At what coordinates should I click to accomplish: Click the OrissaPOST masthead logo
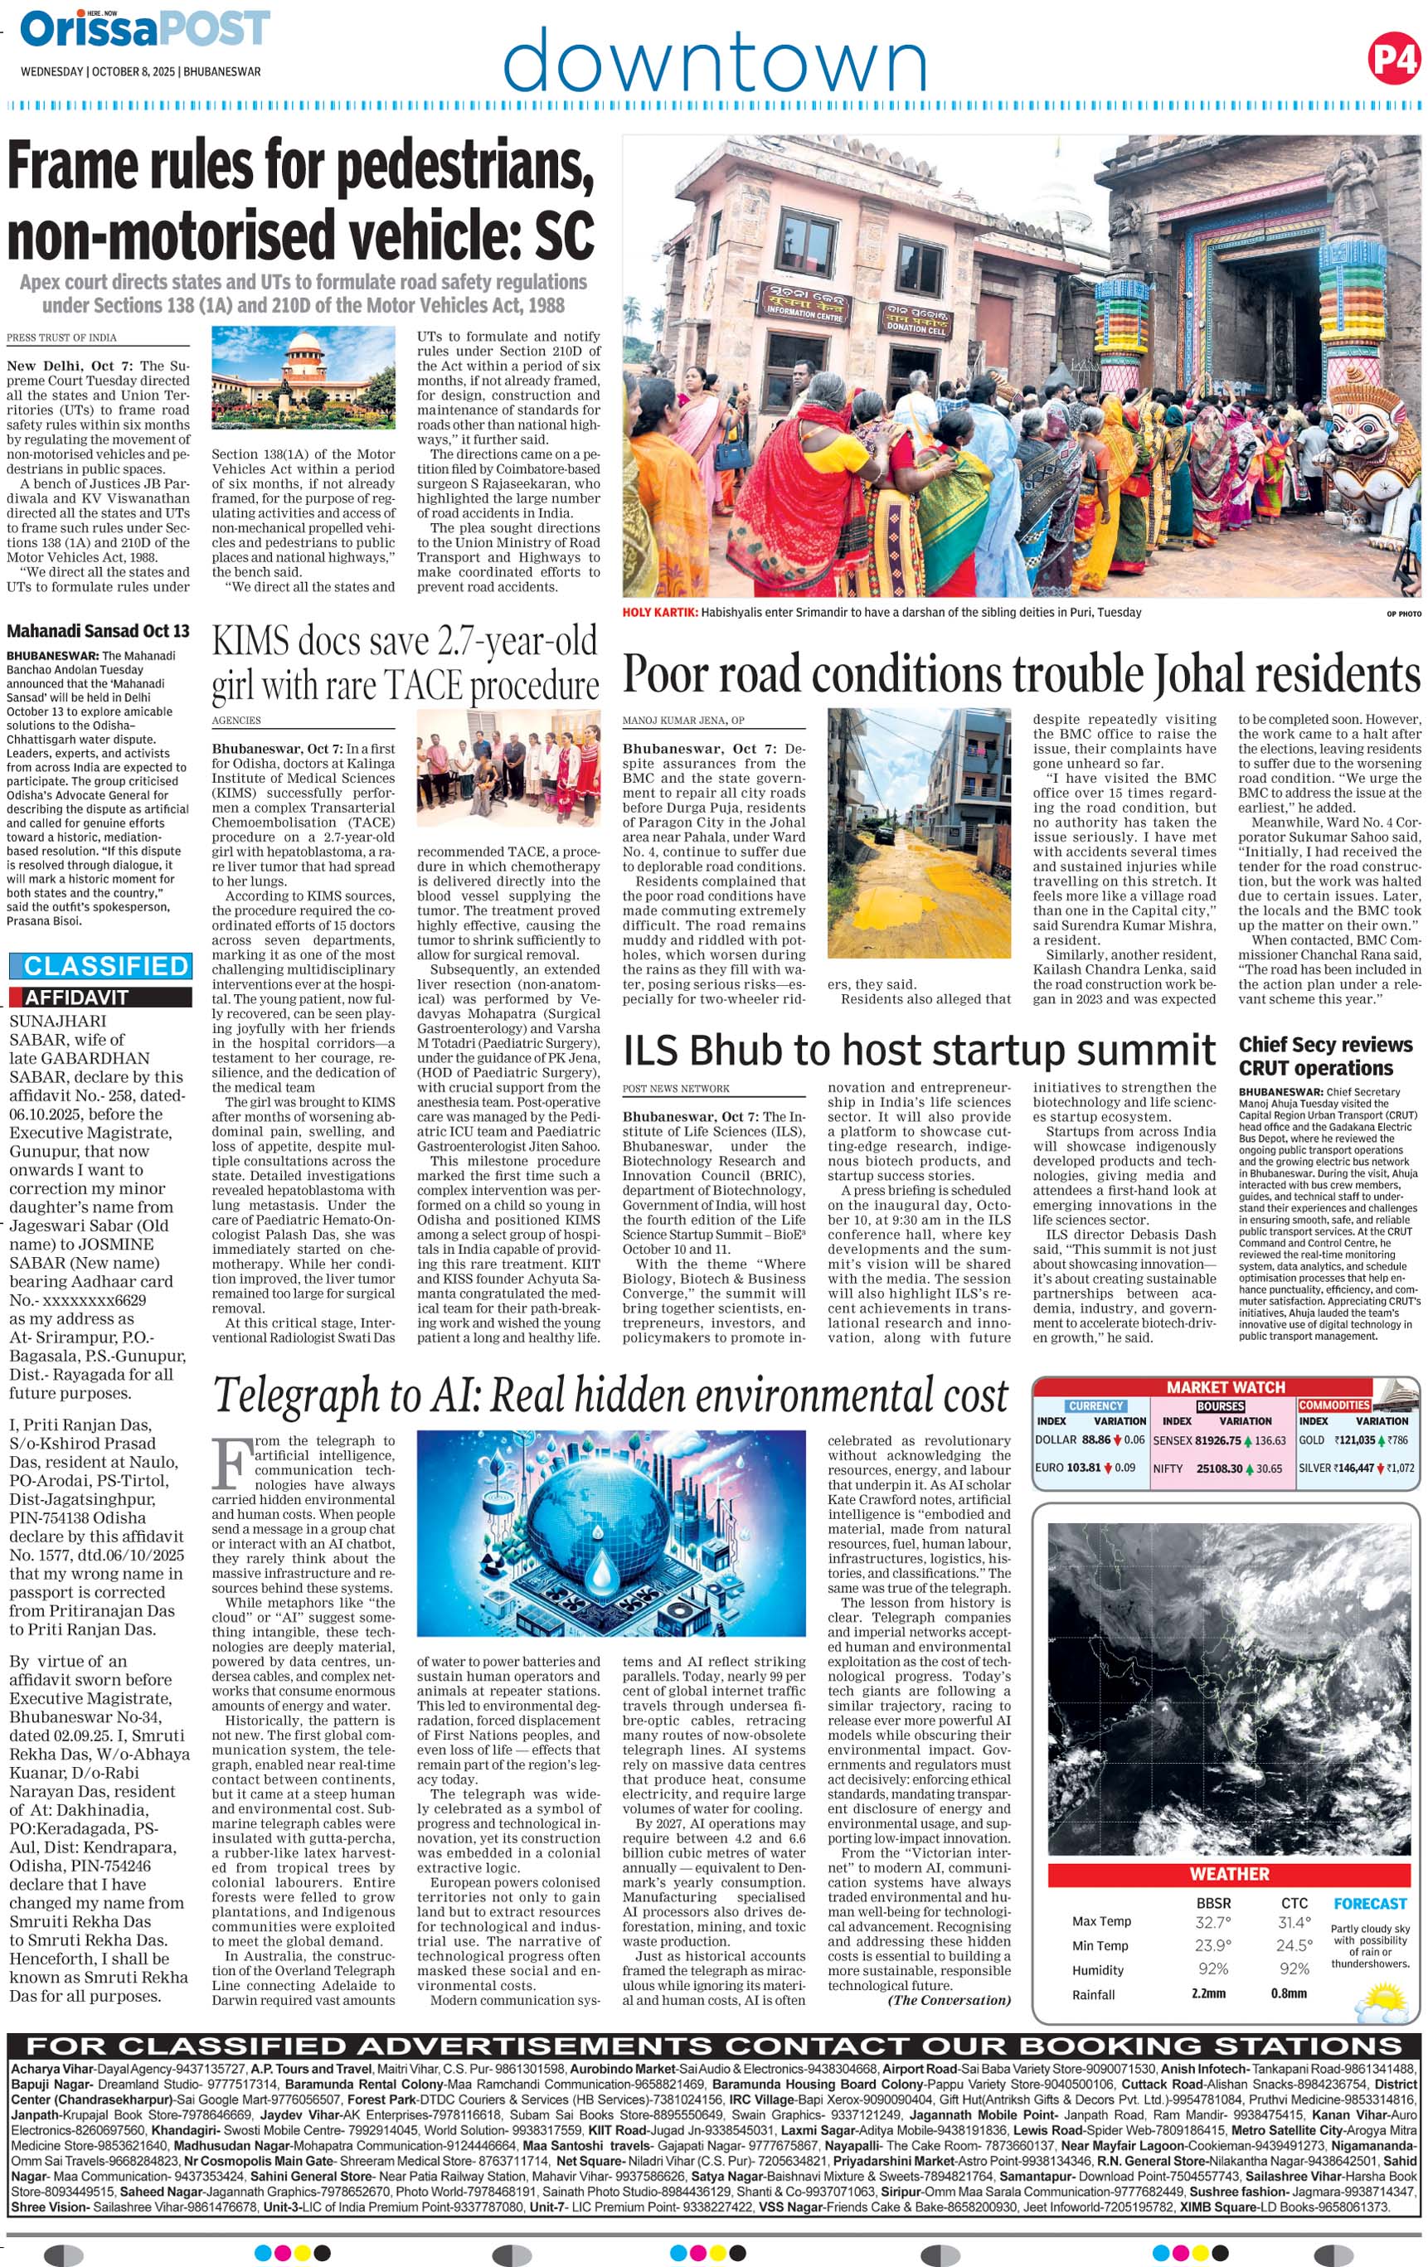pos(145,30)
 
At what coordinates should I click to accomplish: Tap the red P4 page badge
pos(1392,60)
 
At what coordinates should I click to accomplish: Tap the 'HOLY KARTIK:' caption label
pos(660,613)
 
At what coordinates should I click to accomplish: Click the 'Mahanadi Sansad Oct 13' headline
pos(98,631)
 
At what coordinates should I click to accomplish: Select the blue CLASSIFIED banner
pos(100,966)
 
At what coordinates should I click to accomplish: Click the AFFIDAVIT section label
pos(75,997)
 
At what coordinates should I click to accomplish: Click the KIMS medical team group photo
pos(508,767)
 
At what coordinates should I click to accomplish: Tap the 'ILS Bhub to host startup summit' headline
pos(919,1050)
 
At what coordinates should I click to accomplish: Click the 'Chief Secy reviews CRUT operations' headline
pos(1325,1056)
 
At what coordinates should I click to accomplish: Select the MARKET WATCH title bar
pos(1225,1386)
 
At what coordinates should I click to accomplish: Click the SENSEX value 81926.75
pos(1217,1440)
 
